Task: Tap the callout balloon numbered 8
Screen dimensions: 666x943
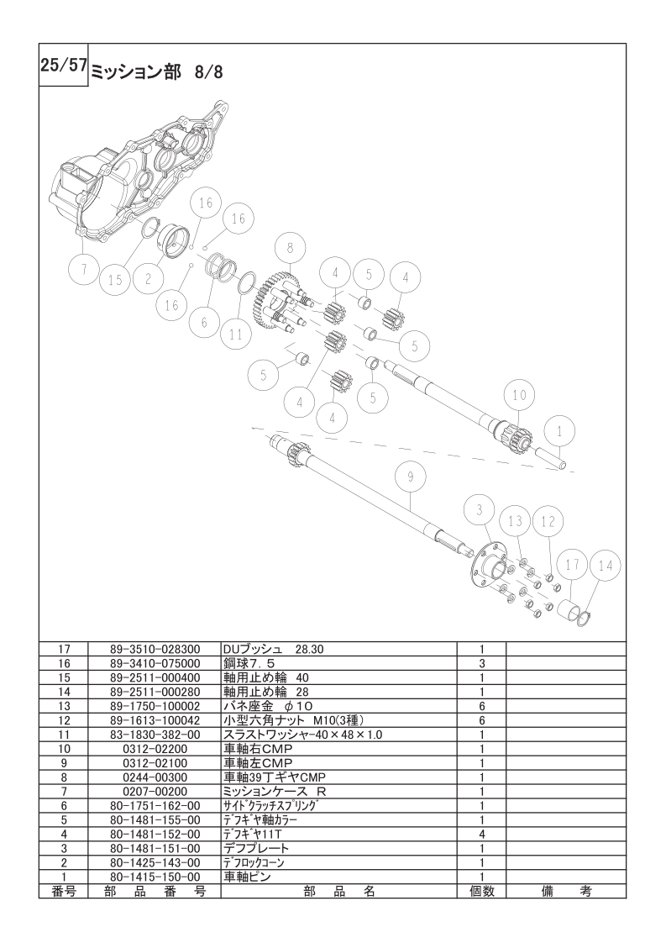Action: [290, 246]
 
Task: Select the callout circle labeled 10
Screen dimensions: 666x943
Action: [519, 395]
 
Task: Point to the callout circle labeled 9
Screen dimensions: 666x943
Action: [411, 477]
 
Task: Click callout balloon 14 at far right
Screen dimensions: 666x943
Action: [606, 566]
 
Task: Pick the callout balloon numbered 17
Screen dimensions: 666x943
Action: [572, 564]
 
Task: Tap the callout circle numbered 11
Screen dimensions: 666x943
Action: [236, 335]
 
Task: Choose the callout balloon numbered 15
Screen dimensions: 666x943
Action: [115, 279]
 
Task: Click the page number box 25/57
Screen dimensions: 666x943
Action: [64, 65]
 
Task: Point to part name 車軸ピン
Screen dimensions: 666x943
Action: [246, 877]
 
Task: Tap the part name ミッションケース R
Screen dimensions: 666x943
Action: [275, 792]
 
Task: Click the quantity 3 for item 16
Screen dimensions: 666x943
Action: [481, 663]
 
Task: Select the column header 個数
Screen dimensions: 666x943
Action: [481, 891]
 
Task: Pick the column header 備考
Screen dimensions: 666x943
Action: [565, 891]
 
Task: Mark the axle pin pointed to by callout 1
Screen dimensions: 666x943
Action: [552, 458]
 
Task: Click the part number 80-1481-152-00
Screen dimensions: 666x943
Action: [155, 834]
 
